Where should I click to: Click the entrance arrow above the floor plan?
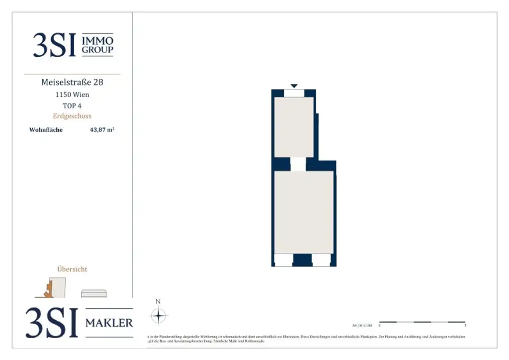click(x=294, y=86)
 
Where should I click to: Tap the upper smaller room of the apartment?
click(x=294, y=127)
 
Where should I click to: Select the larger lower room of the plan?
click(x=304, y=212)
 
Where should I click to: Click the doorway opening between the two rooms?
click(x=298, y=164)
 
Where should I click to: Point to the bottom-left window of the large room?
click(x=283, y=260)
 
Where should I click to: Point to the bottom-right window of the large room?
click(x=321, y=260)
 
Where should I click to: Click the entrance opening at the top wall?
click(x=294, y=93)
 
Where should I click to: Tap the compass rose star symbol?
click(x=158, y=316)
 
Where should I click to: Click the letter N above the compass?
click(x=158, y=301)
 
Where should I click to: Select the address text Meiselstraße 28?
click(x=72, y=82)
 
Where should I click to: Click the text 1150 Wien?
click(x=72, y=94)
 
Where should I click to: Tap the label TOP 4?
click(x=72, y=105)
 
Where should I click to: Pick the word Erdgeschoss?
click(x=72, y=116)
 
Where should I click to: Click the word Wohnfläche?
click(x=46, y=130)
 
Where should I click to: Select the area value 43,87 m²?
click(x=102, y=130)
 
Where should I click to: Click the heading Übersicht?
click(x=72, y=269)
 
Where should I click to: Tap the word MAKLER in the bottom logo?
click(x=109, y=323)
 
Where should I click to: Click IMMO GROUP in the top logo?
click(x=97, y=45)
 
